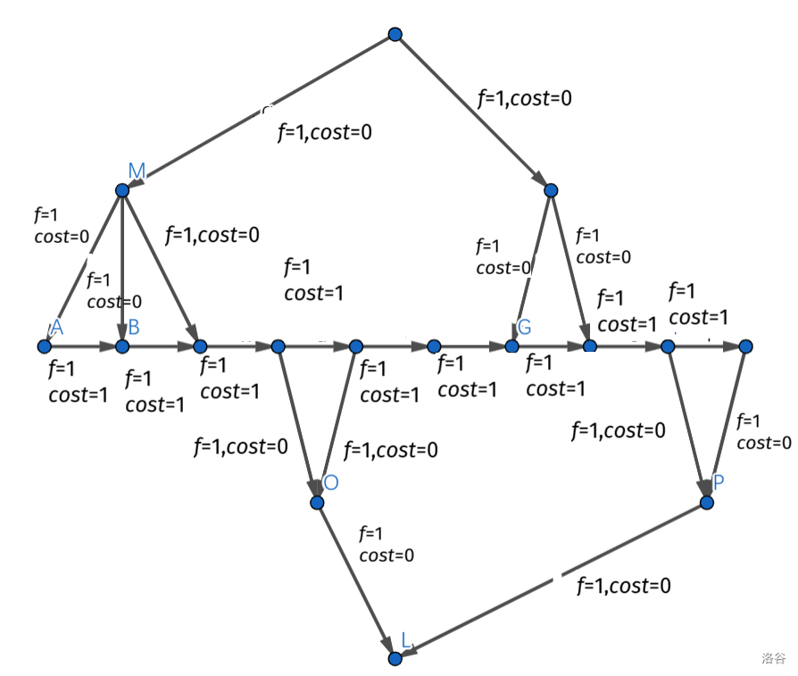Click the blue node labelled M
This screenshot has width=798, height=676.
[122, 190]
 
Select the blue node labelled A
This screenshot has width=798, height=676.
[44, 346]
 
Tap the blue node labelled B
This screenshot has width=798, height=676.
[122, 346]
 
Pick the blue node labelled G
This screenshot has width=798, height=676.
[512, 346]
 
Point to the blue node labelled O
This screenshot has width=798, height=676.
[317, 503]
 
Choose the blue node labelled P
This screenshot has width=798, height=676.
[707, 503]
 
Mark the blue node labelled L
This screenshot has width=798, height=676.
[395, 658]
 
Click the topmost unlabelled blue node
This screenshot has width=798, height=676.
[395, 34]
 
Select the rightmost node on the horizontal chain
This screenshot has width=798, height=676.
[746, 346]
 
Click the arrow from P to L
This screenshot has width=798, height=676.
[553, 580]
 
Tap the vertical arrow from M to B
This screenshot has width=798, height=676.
[122, 268]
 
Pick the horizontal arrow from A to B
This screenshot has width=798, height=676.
[83, 346]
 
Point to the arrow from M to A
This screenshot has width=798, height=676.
[83, 268]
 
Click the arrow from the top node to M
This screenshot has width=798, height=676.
[259, 113]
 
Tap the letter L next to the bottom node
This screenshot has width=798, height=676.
[407, 639]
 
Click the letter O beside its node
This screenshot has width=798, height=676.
[331, 483]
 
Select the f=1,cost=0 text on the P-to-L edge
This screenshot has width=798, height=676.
[624, 586]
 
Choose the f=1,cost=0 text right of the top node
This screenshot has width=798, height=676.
[524, 98]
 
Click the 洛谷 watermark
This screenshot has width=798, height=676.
[773, 658]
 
